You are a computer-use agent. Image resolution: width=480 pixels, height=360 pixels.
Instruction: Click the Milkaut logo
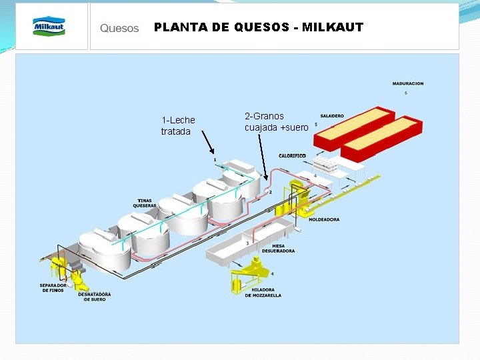(x=49, y=26)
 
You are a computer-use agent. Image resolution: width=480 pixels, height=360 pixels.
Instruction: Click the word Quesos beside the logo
(x=119, y=28)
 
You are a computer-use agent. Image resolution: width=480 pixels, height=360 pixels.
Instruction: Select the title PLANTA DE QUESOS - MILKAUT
(x=259, y=27)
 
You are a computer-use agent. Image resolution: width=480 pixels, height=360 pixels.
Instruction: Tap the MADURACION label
(x=407, y=84)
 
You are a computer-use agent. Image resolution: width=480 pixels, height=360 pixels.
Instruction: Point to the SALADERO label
(x=332, y=116)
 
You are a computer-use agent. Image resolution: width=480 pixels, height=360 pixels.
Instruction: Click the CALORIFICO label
(x=292, y=155)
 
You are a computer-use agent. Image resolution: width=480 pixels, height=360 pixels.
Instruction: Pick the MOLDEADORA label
(x=325, y=219)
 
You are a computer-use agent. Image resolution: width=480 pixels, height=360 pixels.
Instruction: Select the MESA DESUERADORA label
(x=279, y=249)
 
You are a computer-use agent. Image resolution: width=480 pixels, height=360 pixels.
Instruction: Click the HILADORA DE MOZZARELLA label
(x=263, y=292)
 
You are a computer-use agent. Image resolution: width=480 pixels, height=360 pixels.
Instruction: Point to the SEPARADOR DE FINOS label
(x=52, y=288)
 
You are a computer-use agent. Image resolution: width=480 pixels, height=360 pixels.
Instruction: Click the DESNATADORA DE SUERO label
(x=94, y=297)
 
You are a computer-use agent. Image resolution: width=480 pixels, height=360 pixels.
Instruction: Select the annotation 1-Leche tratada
(x=178, y=125)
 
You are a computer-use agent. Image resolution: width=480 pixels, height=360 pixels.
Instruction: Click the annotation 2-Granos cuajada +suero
(x=276, y=121)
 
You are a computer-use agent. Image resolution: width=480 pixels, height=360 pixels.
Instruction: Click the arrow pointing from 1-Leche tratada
(x=208, y=144)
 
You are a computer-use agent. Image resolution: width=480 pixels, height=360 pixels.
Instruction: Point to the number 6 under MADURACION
(x=406, y=93)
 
